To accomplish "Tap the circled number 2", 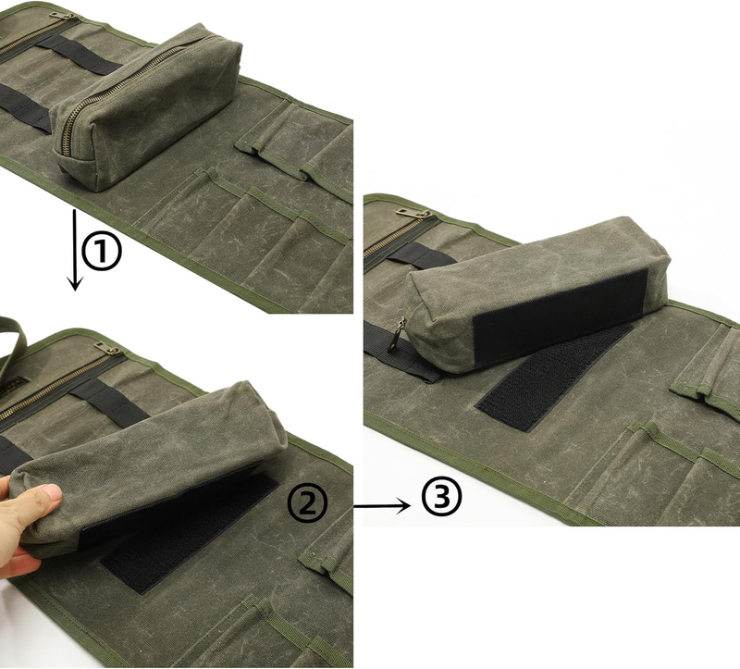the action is [307, 503].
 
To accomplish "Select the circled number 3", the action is [442, 497].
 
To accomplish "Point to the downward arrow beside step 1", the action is [75, 250].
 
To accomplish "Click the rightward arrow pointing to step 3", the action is [382, 506].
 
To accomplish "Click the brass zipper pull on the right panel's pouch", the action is [397, 335].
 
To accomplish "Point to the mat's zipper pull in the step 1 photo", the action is [62, 17].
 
